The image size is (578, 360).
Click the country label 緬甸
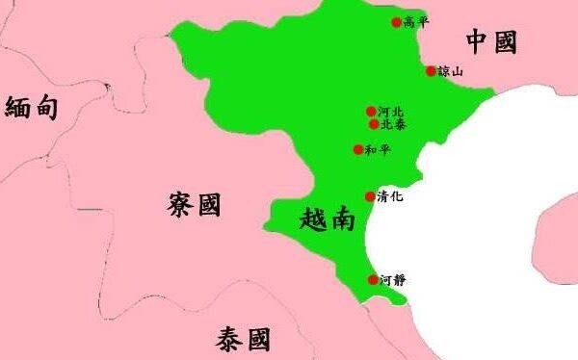pos(32,107)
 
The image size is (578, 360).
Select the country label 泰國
pos(243,339)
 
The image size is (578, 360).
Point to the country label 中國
pos(491,41)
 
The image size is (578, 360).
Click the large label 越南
pos(328,219)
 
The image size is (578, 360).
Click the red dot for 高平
pos(396,22)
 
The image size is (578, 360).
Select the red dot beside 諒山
pos(431,70)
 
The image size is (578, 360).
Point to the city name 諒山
pos(450,71)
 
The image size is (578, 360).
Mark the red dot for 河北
pos(370,112)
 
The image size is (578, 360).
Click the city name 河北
pos(389,112)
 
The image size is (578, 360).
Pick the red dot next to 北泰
pos(373,124)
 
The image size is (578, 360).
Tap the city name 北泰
pos(392,124)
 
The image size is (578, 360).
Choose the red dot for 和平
pos(358,149)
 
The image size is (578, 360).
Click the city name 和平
pos(377,149)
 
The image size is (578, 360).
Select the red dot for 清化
pos(370,196)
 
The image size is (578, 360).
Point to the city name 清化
pos(390,196)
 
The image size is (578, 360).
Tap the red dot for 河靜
pos(373,280)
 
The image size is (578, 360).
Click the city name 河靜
pos(393,280)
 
